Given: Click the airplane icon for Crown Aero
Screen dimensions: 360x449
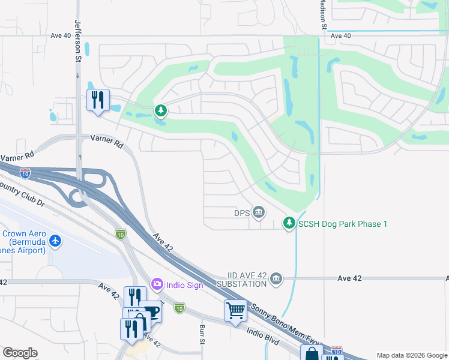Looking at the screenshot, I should (x=56, y=241).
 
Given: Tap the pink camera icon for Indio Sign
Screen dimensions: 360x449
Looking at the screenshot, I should (x=157, y=284).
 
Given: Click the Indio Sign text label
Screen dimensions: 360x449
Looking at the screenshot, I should (x=185, y=284).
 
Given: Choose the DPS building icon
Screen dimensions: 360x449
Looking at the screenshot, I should (x=259, y=212).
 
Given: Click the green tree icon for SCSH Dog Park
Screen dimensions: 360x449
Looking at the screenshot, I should (x=289, y=223).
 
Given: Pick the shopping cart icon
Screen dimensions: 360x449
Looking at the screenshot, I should (x=235, y=311).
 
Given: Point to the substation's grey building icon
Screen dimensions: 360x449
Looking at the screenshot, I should (x=276, y=278).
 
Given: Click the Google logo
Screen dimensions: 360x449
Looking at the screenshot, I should (x=20, y=353).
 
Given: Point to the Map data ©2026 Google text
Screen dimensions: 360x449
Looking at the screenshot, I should (x=412, y=355).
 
